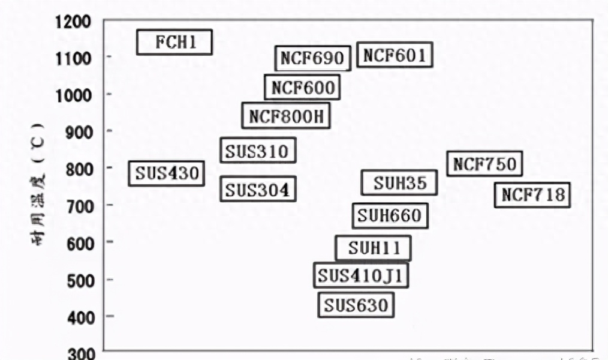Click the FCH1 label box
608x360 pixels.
coord(174,42)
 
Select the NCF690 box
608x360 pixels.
coord(312,58)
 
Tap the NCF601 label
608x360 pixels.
coord(395,56)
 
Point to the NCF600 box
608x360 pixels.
coord(303,88)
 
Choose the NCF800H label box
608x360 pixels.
coord(286,116)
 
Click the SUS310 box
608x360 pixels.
coord(258,151)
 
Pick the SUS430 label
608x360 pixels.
coord(166,173)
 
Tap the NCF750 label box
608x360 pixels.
coord(484,164)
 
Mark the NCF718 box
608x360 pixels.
coord(532,195)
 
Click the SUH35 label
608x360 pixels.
coord(399,182)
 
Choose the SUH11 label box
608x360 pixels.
coord(373,248)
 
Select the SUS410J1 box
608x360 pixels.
coord(361,276)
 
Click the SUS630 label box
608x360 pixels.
coord(356,305)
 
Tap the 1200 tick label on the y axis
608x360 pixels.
coord(73,22)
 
